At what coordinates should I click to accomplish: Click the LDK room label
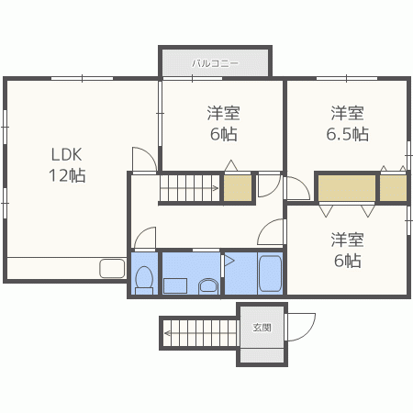tap(66, 154)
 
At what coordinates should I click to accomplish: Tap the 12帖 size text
tap(67, 175)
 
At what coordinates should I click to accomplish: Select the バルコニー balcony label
tap(215, 63)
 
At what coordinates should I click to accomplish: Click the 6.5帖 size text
tap(347, 134)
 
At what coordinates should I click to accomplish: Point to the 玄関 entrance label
tap(262, 328)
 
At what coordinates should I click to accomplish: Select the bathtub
tap(270, 273)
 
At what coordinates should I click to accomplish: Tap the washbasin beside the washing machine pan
tap(208, 286)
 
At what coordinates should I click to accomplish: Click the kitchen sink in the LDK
tap(112, 269)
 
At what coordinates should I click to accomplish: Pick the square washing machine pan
tap(175, 285)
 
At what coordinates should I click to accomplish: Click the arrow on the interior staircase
tap(189, 188)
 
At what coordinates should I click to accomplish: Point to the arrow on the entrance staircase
tap(200, 333)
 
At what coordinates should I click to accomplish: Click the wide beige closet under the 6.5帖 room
tap(347, 188)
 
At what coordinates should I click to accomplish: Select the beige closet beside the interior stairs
tap(238, 188)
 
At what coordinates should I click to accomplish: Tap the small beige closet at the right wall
tap(394, 188)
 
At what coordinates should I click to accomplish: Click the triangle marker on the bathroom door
tap(229, 261)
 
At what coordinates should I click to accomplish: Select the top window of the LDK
tap(82, 79)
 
